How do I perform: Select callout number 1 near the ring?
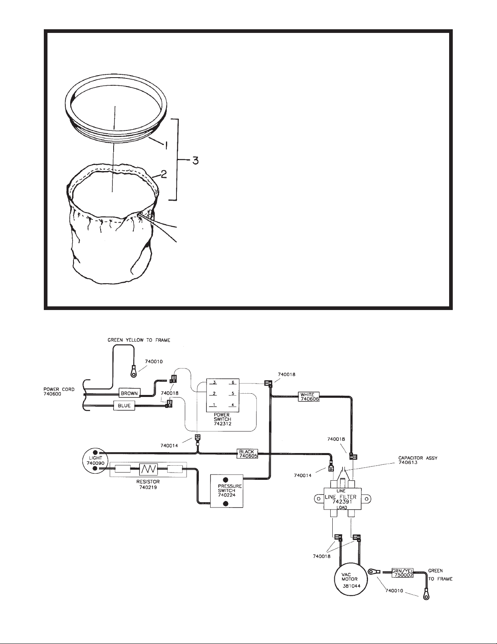pyautogui.click(x=166, y=145)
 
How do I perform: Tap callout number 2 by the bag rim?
pyautogui.click(x=164, y=174)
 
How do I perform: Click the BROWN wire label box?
pyautogui.click(x=129, y=393)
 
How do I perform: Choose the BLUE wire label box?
pyautogui.click(x=124, y=405)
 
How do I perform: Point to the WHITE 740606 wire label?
pyautogui.click(x=309, y=397)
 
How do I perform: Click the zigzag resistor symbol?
pyautogui.click(x=148, y=469)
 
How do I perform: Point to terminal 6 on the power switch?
pyautogui.click(x=233, y=383)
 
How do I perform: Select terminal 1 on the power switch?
pyautogui.click(x=214, y=405)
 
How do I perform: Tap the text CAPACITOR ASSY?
pyautogui.click(x=417, y=458)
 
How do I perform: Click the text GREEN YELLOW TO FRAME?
pyautogui.click(x=139, y=340)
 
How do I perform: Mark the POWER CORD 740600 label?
pyautogui.click(x=59, y=392)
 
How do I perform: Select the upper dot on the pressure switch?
pyautogui.click(x=226, y=479)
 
